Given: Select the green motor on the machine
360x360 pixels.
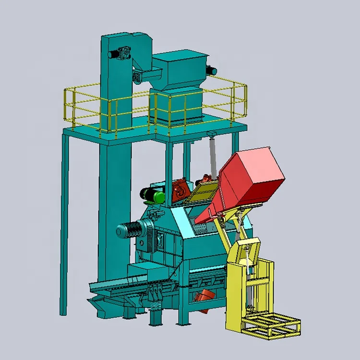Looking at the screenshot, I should [x=152, y=194].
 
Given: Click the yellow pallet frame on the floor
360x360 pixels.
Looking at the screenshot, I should [x=271, y=326].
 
